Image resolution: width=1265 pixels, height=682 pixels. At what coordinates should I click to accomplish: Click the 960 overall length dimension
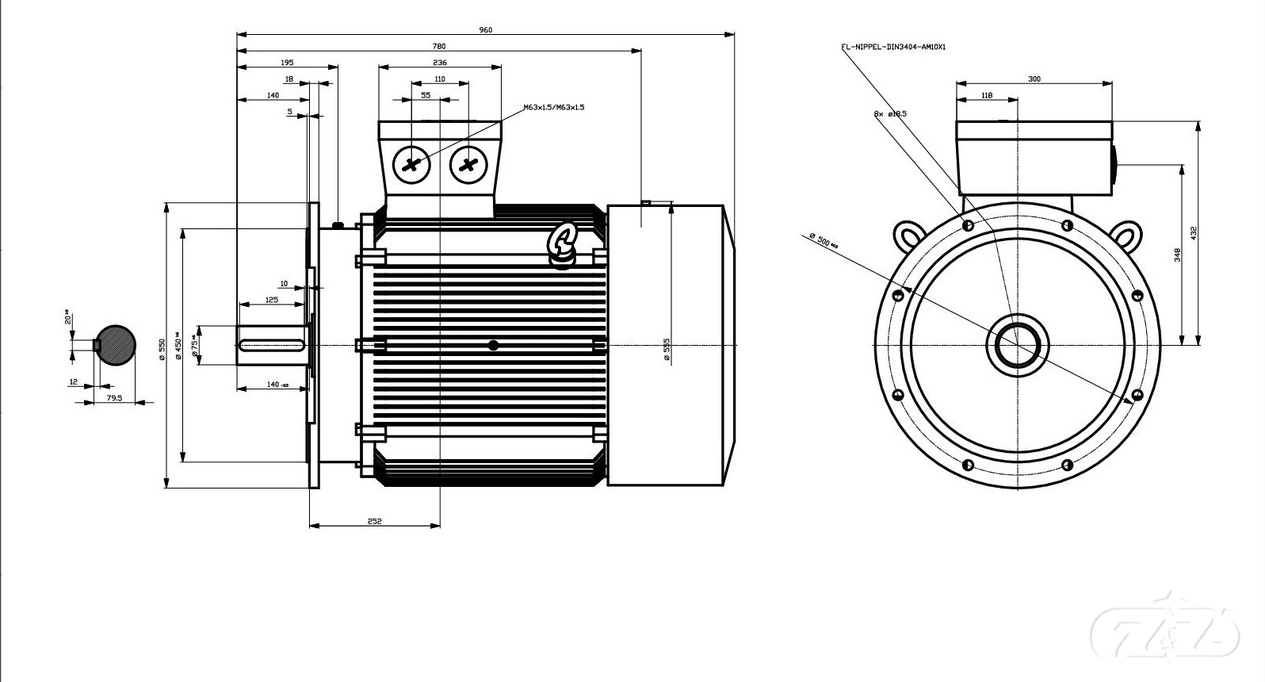coord(485,30)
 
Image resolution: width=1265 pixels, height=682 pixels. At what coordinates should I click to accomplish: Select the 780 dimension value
coord(438,46)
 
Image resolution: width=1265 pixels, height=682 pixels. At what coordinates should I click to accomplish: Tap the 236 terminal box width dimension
coord(440,63)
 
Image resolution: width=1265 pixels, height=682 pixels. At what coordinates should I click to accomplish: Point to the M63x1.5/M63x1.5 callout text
coord(553,107)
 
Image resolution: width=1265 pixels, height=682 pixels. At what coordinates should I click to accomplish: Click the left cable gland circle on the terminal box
coord(411,165)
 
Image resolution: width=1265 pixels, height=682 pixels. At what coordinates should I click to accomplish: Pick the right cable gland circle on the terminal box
coord(468,165)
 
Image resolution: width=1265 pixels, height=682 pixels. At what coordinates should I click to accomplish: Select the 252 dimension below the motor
coord(374,521)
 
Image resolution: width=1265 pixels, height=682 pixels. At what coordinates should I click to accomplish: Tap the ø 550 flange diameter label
coord(162,349)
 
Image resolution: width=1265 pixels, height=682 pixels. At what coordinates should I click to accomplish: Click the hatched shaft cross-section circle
coord(116,345)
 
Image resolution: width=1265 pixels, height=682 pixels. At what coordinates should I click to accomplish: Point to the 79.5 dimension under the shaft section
coord(114,398)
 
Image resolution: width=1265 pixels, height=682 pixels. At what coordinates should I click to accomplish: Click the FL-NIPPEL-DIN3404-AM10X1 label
coord(893,47)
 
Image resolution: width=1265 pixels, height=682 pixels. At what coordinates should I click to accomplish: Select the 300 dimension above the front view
coord(1034,79)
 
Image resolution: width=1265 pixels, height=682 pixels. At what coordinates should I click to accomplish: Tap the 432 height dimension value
coord(1193,233)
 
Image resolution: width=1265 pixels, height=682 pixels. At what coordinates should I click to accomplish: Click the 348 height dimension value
coord(1178,255)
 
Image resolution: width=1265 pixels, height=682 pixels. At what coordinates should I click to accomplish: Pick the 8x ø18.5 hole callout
coord(890,114)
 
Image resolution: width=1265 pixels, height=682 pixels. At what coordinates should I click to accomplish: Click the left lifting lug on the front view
coord(907,236)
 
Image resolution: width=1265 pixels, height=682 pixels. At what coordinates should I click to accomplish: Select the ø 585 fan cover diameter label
coord(667,350)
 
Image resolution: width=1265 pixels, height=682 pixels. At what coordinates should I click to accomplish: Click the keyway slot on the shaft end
coord(271,345)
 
